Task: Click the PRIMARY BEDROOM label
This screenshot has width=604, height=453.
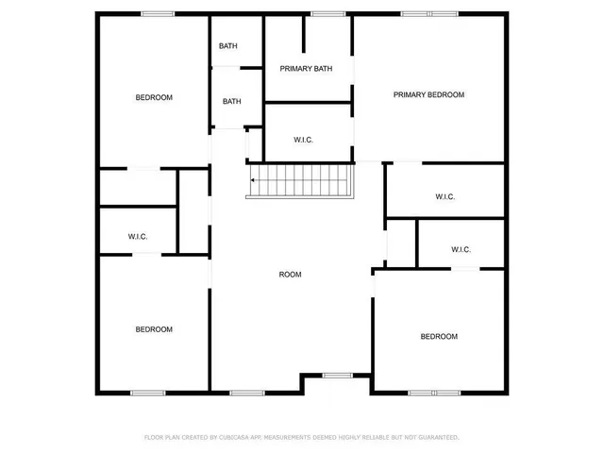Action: [x=429, y=94]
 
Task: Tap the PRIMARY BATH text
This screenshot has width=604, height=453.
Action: [x=306, y=69]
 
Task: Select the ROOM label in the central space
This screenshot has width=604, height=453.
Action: [x=290, y=275]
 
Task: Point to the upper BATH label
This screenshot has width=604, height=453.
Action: [x=228, y=46]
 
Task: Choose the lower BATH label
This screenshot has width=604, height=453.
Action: [x=232, y=102]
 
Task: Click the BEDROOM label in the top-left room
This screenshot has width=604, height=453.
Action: [x=154, y=98]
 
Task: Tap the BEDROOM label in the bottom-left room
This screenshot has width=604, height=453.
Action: [x=154, y=329]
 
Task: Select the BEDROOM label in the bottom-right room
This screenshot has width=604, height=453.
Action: [x=439, y=337]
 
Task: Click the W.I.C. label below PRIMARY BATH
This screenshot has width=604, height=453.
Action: [x=304, y=141]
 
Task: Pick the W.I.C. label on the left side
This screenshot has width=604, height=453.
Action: [x=138, y=237]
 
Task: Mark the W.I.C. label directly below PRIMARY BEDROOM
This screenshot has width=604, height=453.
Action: [x=445, y=197]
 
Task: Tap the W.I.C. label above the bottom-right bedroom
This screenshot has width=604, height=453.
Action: [x=461, y=250]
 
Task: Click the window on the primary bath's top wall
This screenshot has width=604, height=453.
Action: [x=327, y=13]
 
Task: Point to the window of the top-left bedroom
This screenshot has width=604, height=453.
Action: [x=156, y=13]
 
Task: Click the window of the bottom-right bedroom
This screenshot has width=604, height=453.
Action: [x=434, y=392]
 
